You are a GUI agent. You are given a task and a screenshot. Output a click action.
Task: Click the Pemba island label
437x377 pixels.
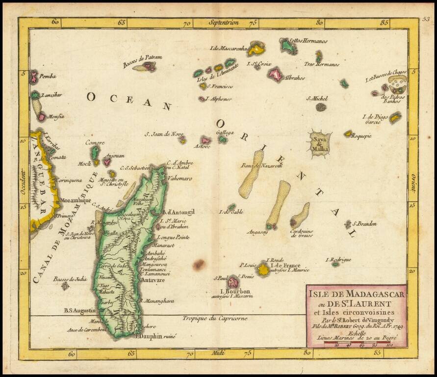tap(48, 76)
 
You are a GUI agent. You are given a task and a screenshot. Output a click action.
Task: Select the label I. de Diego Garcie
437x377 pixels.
tap(375, 119)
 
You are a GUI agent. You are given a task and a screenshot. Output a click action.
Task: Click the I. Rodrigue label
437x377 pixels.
tap(338, 259)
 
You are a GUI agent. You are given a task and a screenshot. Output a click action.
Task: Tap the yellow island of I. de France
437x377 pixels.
tap(264, 269)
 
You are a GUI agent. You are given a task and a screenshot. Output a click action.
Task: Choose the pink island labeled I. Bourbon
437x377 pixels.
tap(232, 282)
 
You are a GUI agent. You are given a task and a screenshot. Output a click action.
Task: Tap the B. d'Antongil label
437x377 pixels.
tap(179, 212)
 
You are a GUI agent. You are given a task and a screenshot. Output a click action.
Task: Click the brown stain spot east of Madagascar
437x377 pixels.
tap(198, 265)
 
